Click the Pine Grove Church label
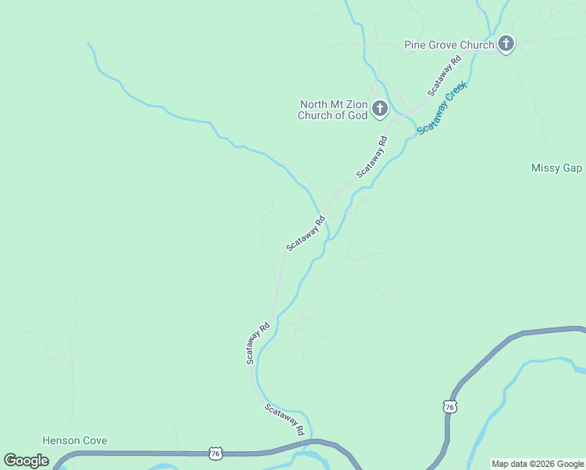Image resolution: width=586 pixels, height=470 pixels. point(449,45)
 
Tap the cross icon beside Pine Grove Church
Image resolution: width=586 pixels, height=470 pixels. point(506,44)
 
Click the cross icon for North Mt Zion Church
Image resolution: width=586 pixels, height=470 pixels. point(380,109)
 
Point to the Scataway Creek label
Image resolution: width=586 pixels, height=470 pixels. point(443,107)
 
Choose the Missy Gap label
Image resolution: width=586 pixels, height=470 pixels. point(556,168)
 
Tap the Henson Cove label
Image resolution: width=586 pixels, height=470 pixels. point(74,441)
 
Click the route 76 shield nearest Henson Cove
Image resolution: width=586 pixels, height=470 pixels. point(215,454)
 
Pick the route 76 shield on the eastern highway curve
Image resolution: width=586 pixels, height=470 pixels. point(449,407)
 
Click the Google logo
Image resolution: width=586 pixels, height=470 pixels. point(26,461)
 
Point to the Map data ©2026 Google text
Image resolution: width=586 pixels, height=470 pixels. point(537,464)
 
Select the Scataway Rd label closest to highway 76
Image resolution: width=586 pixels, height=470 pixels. point(284,420)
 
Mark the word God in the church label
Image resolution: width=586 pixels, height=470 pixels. point(356,116)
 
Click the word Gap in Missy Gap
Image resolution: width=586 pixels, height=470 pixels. point(572,168)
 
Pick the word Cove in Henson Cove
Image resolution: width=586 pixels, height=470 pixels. point(94,441)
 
